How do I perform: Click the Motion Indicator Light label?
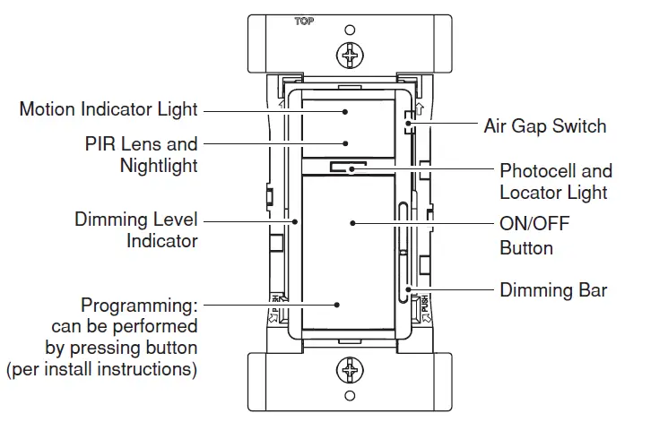click(108, 110)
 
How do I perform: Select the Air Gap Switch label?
click(544, 125)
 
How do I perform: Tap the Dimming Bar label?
click(553, 289)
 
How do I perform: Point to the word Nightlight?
click(158, 166)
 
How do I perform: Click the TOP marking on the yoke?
click(304, 21)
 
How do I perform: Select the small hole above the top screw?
click(350, 30)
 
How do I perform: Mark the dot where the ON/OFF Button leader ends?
click(354, 223)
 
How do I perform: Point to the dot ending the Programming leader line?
click(337, 305)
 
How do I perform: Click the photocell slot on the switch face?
click(346, 167)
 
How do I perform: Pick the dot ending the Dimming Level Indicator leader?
click(294, 219)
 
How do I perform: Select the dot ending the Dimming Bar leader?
click(409, 289)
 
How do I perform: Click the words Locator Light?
click(553, 192)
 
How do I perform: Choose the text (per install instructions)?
click(101, 368)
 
